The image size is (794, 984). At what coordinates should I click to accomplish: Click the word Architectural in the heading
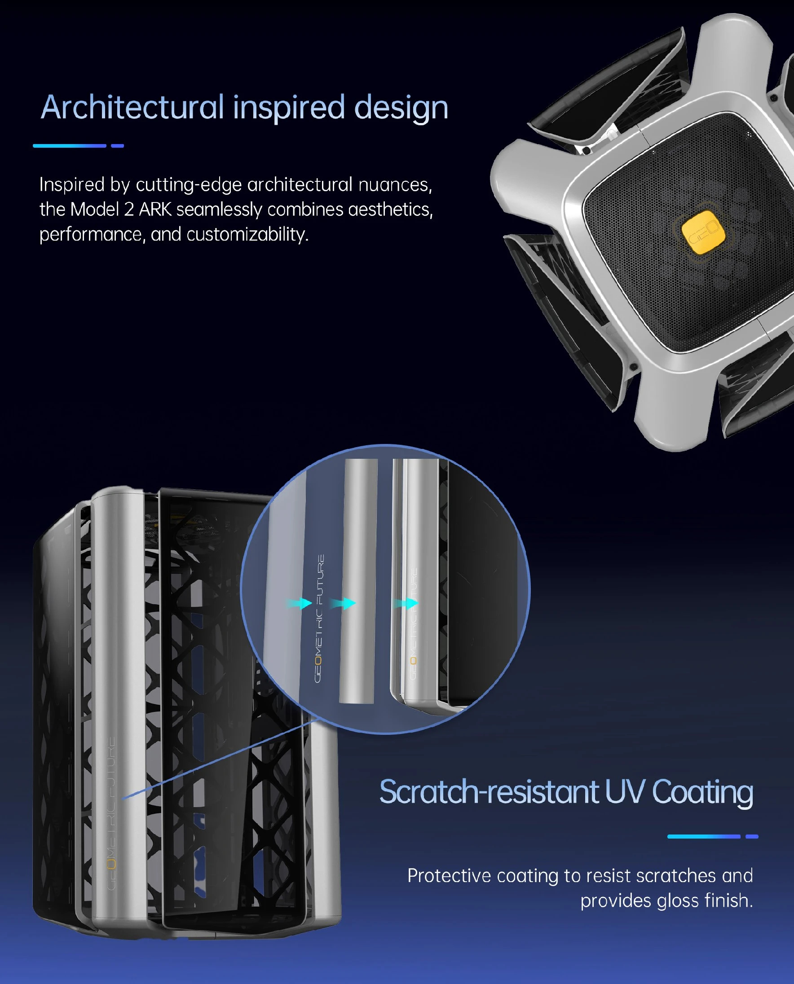132,107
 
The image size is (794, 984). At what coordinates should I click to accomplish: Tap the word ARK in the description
155,210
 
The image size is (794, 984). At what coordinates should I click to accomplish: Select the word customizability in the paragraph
247,234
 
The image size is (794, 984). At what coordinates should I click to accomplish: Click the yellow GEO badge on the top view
703,232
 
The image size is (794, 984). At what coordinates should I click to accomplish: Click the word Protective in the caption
449,876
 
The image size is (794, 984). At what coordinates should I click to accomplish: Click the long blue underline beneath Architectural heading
70,146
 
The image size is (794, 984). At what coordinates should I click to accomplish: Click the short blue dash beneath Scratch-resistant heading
752,836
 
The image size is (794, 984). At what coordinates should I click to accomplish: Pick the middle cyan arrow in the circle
343,604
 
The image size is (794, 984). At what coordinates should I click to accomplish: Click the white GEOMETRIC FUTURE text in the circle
319,618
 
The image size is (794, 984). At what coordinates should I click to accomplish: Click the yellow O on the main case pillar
111,864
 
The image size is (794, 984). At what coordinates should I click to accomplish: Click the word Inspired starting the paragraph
72,185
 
